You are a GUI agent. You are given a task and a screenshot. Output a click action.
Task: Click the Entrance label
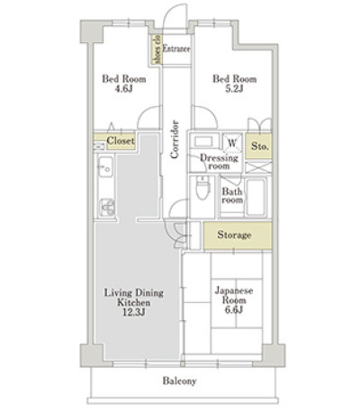[x=176, y=49]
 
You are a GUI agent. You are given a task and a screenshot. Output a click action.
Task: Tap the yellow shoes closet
[x=157, y=49]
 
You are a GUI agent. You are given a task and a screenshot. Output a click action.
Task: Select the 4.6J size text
[x=124, y=89]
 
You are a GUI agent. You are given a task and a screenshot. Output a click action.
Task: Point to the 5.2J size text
[x=234, y=89]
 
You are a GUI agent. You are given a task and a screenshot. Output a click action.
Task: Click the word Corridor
[x=175, y=139]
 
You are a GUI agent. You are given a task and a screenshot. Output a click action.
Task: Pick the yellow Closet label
[x=121, y=140]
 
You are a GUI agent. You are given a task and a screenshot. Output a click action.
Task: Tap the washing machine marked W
[x=232, y=142]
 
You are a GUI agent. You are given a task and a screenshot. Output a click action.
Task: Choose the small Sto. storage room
[x=259, y=146]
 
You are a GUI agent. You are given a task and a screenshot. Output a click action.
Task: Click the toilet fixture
[x=202, y=187]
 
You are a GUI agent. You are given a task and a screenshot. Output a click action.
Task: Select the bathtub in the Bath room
[x=256, y=197]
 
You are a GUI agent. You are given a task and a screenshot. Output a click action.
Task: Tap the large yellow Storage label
[x=234, y=235]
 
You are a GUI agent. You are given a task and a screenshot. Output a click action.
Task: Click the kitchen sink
[x=105, y=167]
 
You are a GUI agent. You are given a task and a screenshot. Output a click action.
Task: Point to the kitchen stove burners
[x=106, y=207]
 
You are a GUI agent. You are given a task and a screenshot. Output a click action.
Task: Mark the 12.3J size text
[x=134, y=312]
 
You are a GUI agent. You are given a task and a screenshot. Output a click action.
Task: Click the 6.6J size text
[x=234, y=309]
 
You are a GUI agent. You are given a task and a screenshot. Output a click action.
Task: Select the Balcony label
[x=180, y=381]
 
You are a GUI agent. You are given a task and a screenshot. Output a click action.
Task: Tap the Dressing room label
[x=219, y=162]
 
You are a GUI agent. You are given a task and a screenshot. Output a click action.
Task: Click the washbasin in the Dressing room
[x=202, y=141]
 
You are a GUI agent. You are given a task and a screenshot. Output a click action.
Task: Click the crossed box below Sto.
[x=258, y=167]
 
